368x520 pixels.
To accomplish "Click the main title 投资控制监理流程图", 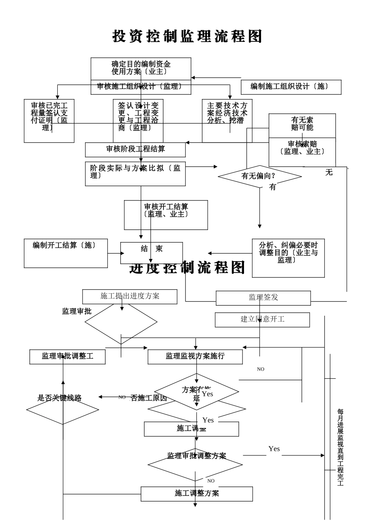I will (x=187, y=36).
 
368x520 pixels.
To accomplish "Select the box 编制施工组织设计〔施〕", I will (x=291, y=87).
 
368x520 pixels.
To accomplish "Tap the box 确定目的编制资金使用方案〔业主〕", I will (x=141, y=68).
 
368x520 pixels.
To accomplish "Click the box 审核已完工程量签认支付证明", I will (x=49, y=121).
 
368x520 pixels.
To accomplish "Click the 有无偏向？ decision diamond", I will (x=260, y=176).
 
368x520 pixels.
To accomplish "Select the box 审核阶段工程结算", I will (x=135, y=149).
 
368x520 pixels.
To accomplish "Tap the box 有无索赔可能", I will (x=302, y=125).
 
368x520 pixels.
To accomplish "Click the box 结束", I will (x=151, y=252).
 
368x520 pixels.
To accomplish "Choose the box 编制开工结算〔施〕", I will (x=65, y=253).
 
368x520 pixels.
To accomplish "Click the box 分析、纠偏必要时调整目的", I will (x=288, y=258).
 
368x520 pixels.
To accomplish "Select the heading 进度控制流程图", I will (x=187, y=268).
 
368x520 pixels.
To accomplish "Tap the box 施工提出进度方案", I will (x=130, y=296).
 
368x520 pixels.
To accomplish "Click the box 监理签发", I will (x=263, y=298).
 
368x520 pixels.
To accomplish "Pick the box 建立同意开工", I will (x=262, y=320).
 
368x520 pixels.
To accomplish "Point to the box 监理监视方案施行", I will (x=195, y=356).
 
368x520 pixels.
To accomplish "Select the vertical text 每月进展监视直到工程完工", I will (x=340, y=447).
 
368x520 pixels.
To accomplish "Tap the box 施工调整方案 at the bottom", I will (x=196, y=494).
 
